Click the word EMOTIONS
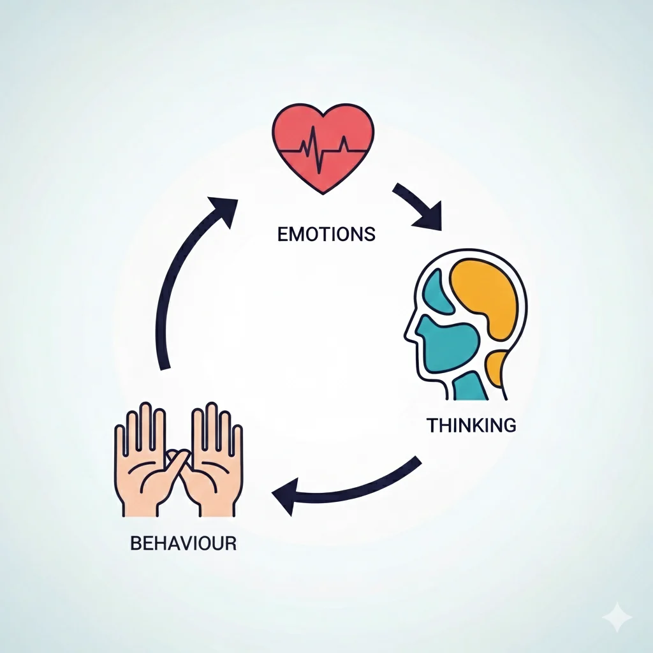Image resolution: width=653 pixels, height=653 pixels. click(326, 234)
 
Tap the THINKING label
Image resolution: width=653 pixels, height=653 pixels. click(471, 425)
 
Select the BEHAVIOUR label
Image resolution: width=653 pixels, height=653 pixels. click(183, 543)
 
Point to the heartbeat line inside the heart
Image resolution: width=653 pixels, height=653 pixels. click(323, 150)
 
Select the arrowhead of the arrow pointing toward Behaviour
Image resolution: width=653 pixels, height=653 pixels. click(286, 495)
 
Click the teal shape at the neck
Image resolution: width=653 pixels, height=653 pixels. click(470, 387)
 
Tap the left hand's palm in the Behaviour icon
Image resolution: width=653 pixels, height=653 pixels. click(142, 479)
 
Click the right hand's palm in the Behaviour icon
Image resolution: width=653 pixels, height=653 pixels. click(214, 479)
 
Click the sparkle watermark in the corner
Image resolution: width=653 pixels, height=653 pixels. click(617, 617)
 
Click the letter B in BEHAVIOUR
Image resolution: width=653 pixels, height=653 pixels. click(135, 543)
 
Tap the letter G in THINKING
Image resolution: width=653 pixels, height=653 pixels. click(510, 425)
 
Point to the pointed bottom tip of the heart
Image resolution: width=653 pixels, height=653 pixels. click(323, 193)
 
